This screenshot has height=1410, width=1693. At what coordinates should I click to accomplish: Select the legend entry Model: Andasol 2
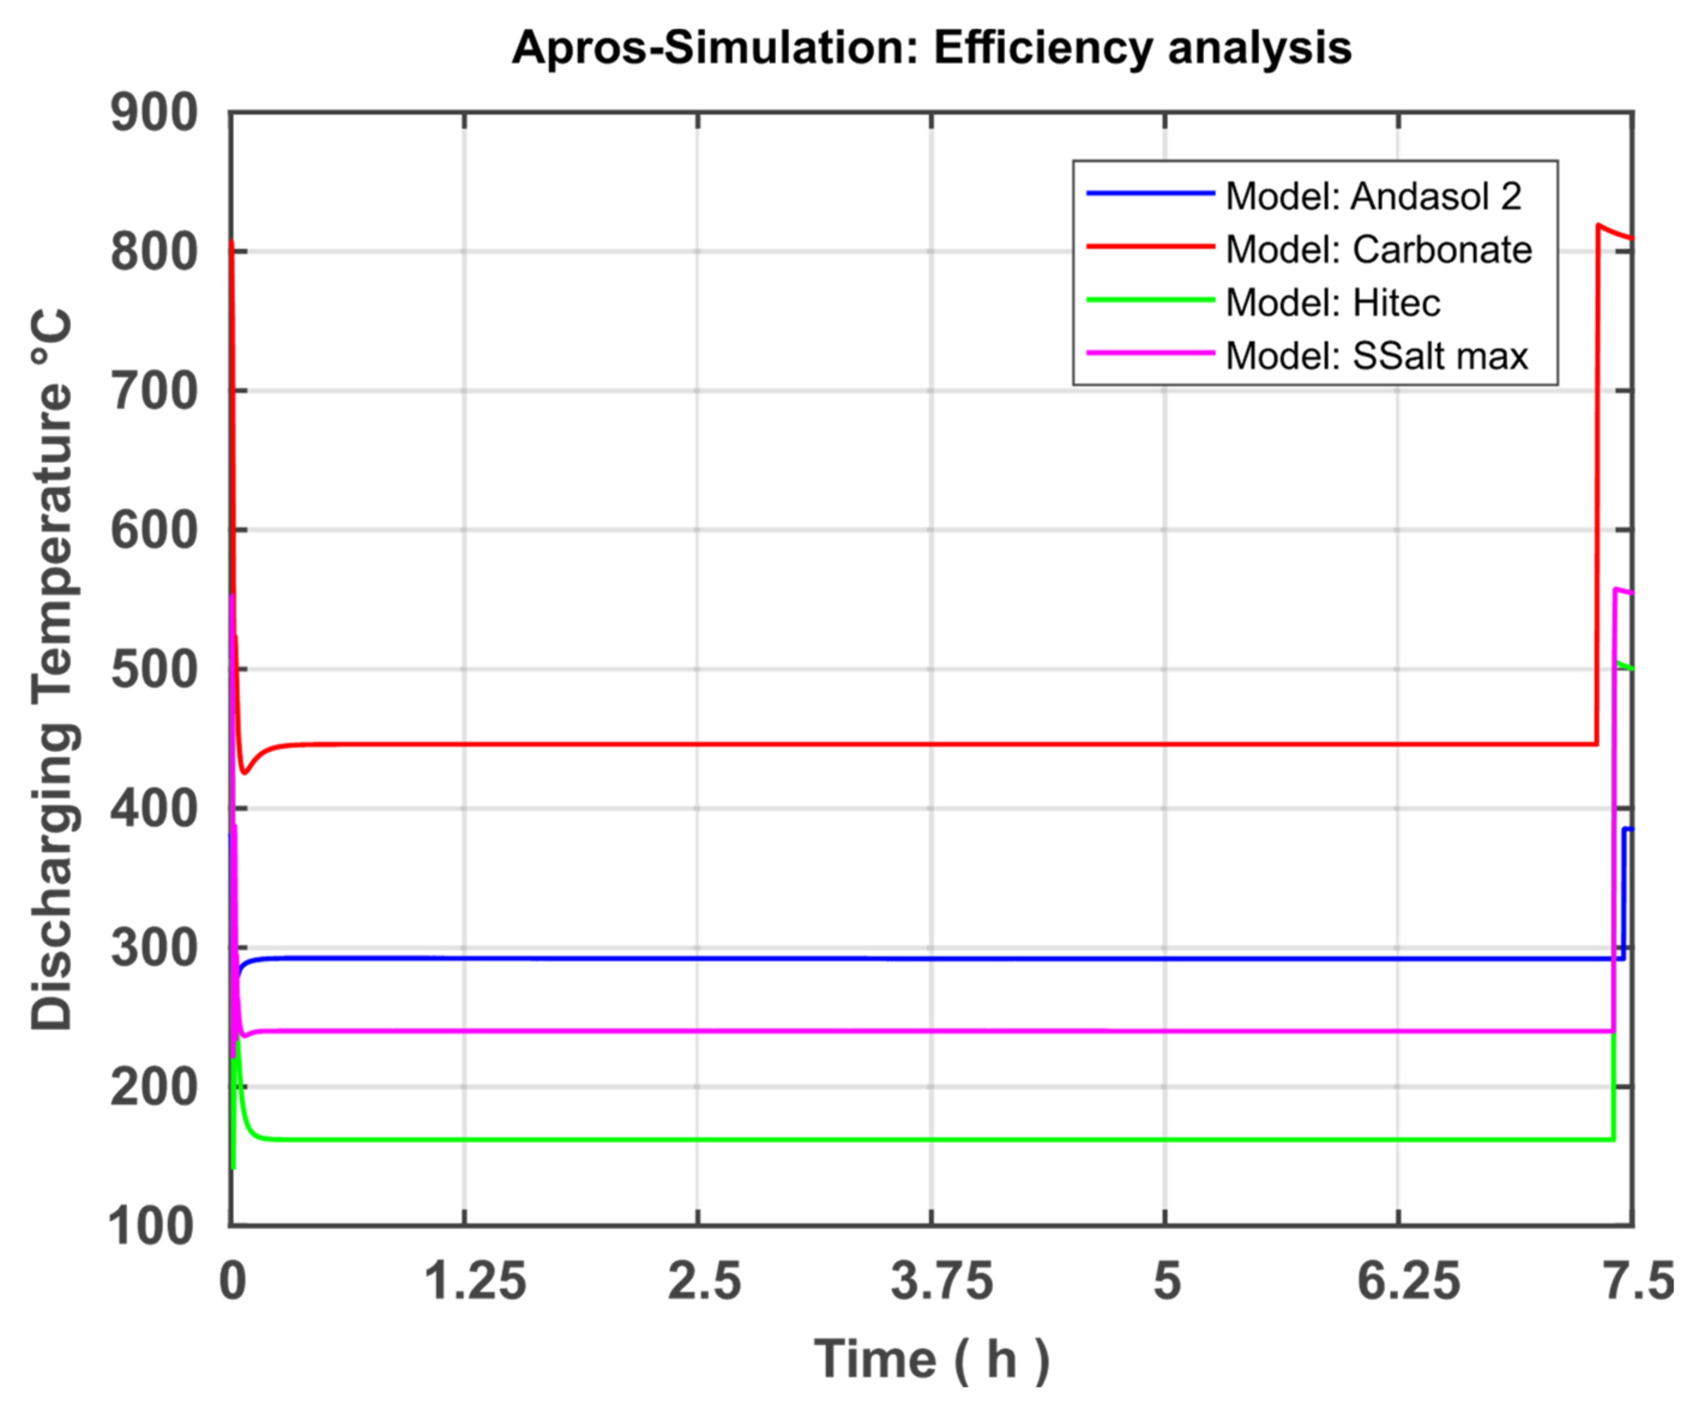tap(1373, 197)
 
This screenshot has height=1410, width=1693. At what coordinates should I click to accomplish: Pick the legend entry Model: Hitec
tap(1333, 303)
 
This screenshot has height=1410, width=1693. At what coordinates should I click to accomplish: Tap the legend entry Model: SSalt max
tap(1376, 356)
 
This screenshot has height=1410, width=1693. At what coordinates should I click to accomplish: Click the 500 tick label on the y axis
tap(153, 670)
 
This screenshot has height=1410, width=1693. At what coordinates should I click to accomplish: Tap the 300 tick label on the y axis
tap(153, 949)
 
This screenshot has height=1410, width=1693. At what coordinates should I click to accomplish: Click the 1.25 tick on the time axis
tap(475, 1280)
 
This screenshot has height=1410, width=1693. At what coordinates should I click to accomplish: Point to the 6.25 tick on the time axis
tap(1408, 1280)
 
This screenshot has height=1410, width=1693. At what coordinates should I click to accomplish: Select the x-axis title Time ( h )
tap(931, 1359)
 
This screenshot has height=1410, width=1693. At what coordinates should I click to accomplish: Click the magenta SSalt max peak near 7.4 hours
tap(1616, 590)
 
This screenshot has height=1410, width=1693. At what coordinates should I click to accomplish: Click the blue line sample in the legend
tap(1150, 194)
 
